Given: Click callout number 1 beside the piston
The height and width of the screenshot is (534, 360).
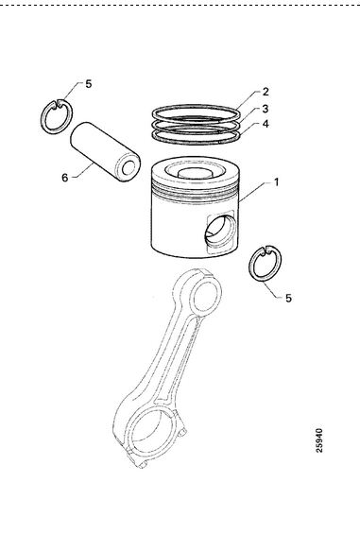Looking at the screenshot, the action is pos(277,182).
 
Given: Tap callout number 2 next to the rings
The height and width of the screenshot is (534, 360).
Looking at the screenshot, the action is pos(266,92).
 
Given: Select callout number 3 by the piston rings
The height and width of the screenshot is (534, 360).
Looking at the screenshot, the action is pos(266,109).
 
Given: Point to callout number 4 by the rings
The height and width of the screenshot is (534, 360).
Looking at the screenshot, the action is pos(266,124).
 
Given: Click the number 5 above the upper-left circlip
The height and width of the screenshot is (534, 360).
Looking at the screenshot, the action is pos(89,84).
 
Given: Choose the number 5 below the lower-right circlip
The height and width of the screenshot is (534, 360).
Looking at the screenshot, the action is pos(288,298).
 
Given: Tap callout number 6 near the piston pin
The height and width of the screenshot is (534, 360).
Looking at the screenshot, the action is pos(64,178).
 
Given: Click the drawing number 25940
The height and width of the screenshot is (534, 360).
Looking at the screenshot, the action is pos(318,440).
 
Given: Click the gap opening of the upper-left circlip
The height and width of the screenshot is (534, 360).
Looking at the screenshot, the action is pos(58,103).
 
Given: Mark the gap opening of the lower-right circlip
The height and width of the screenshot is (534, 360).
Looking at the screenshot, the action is pos(266,250).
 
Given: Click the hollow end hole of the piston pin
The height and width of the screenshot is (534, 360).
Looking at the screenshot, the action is pos(129,168).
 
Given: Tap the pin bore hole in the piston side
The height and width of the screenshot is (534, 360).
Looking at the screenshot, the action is pos(220,232).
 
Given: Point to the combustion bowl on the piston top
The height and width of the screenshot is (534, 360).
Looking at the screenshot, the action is pos(195,171).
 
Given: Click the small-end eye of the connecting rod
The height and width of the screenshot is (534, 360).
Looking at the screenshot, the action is pos(204,295).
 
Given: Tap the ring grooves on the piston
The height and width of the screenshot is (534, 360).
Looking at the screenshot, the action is pos(195,193).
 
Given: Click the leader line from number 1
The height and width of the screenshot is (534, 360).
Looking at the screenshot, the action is pos(255,192).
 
